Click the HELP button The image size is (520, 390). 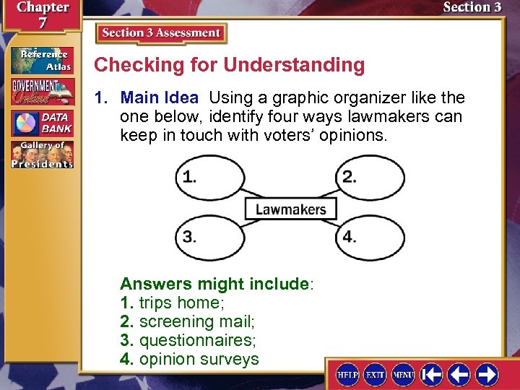pyautogui.click(x=347, y=374)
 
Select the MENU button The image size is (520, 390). pyautogui.click(x=402, y=374)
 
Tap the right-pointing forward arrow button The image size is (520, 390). pyautogui.click(x=487, y=374)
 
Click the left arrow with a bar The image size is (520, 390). pyautogui.click(x=432, y=374)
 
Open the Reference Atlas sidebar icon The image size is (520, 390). pyautogui.click(x=42, y=61)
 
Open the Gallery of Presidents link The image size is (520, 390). pyautogui.click(x=42, y=155)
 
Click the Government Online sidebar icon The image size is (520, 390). pyautogui.click(x=42, y=92)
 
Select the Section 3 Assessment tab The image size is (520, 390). pyautogui.click(x=161, y=33)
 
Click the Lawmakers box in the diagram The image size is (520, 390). pyautogui.click(x=290, y=209)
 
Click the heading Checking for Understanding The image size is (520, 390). pyautogui.click(x=230, y=65)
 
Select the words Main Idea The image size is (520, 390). pyautogui.click(x=159, y=97)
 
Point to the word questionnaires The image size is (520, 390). pyautogui.click(x=197, y=340)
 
